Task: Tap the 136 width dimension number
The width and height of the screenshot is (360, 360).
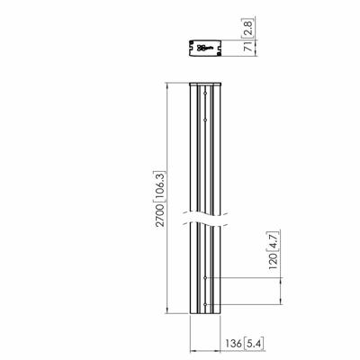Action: (x=233, y=343)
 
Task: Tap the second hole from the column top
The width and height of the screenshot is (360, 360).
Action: (x=206, y=115)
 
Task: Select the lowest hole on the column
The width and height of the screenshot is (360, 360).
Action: (x=206, y=304)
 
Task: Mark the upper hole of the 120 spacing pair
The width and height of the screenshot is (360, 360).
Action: (x=206, y=279)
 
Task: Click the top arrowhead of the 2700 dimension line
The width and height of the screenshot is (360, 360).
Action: (x=168, y=86)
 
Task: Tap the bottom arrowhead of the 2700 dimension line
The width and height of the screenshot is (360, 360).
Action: (x=168, y=315)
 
